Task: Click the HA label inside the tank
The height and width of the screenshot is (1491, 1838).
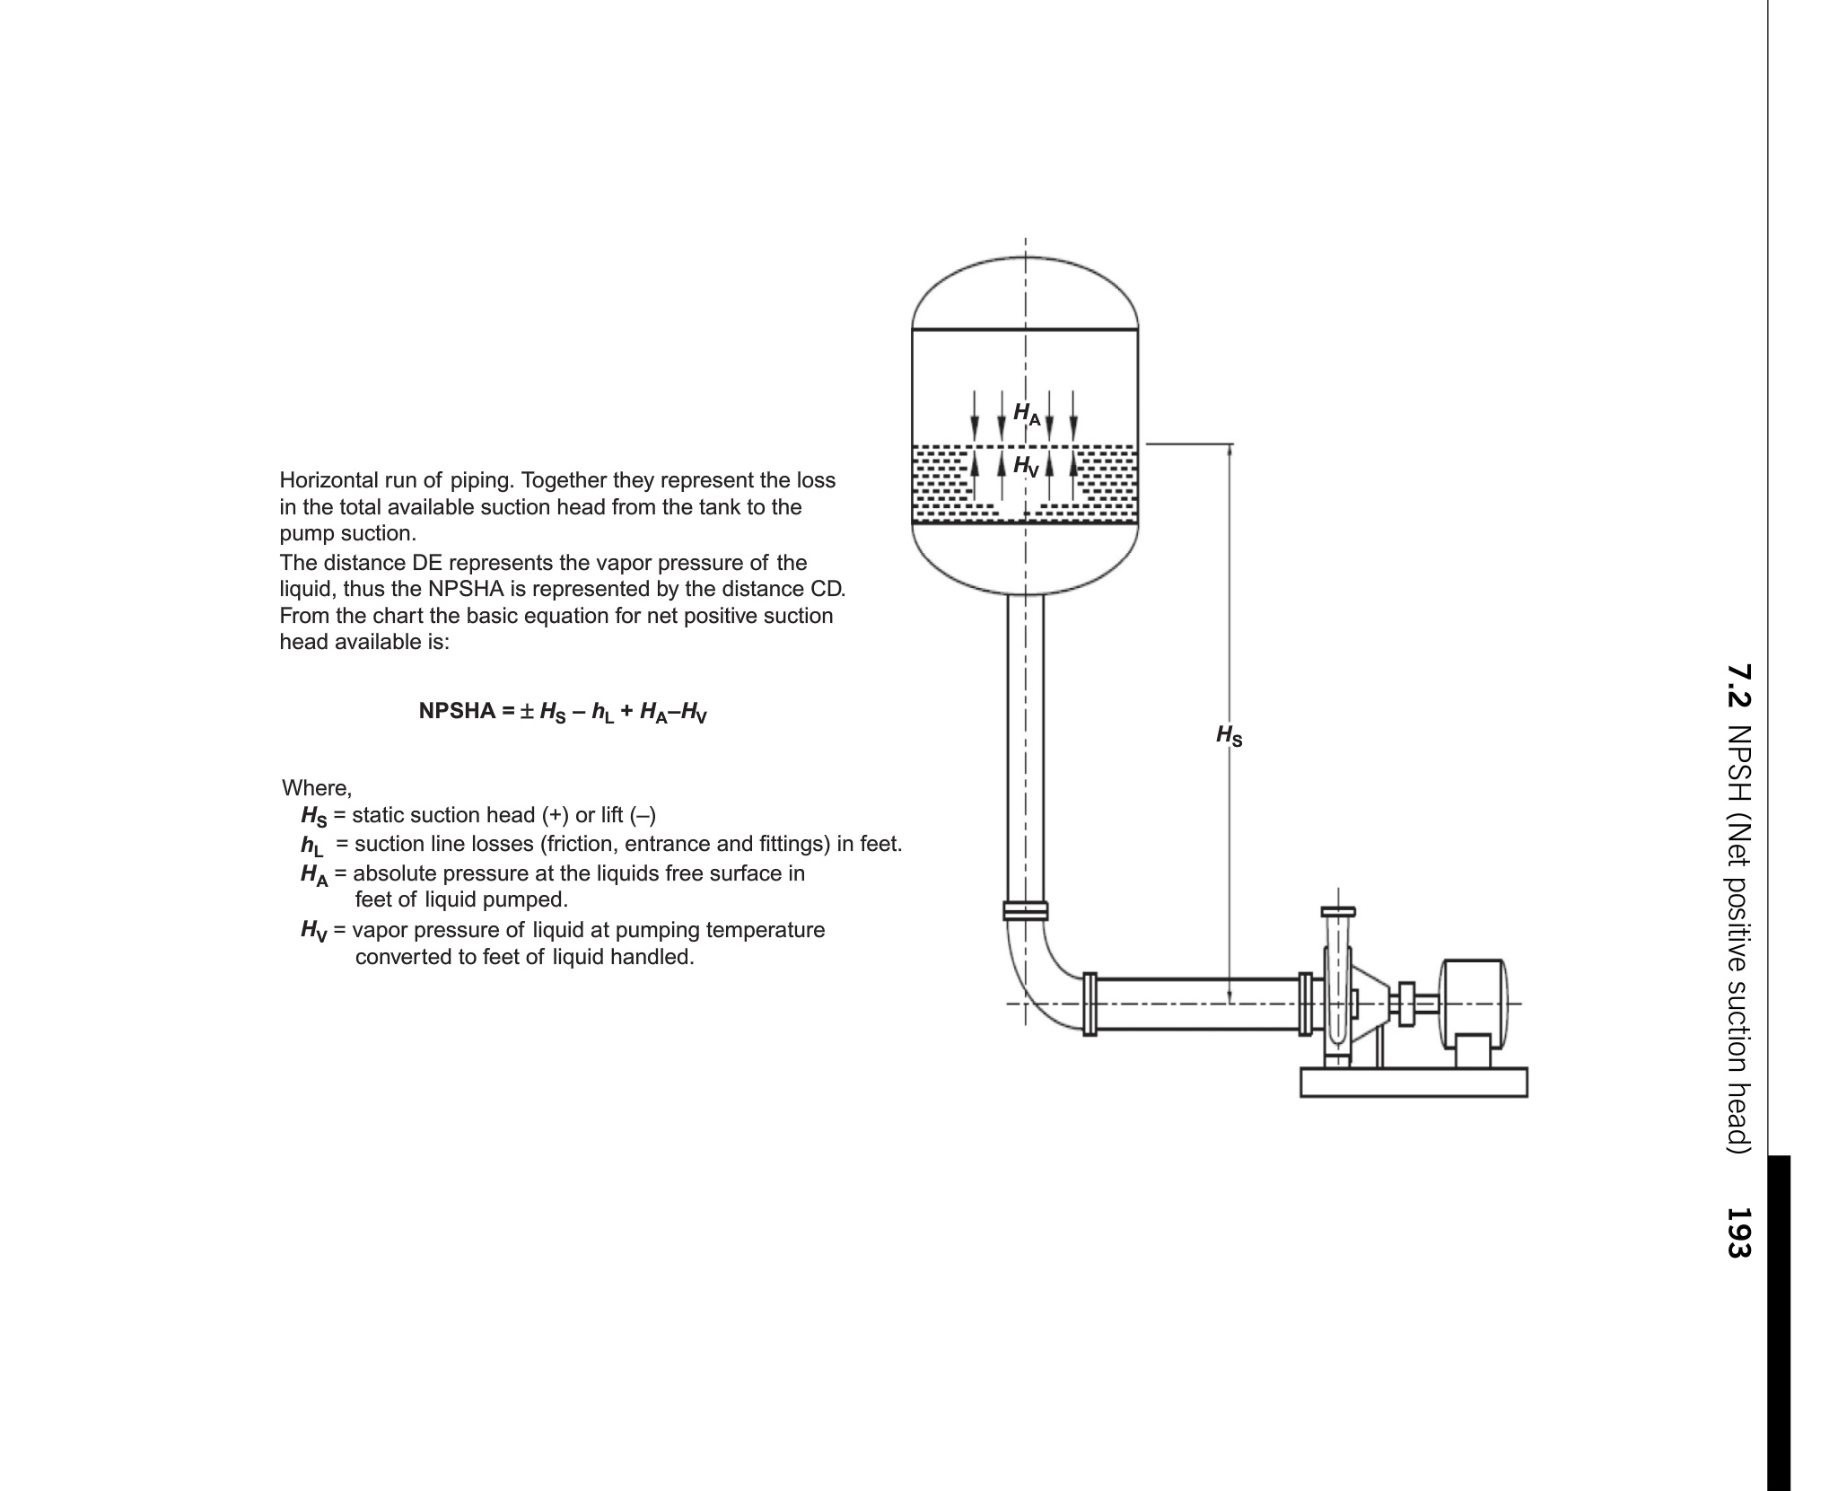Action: pyautogui.click(x=1026, y=414)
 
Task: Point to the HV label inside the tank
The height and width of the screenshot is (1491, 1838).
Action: pyautogui.click(x=1026, y=466)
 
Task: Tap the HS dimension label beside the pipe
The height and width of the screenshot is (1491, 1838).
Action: pyautogui.click(x=1229, y=736)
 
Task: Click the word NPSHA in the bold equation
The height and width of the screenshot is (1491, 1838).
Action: pyautogui.click(x=458, y=712)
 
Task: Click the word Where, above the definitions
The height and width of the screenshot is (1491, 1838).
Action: pyautogui.click(x=317, y=788)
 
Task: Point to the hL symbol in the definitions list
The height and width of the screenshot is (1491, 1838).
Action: pyautogui.click(x=311, y=846)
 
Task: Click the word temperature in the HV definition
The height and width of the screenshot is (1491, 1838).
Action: pyautogui.click(x=765, y=929)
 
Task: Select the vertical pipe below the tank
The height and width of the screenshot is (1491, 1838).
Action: pyautogui.click(x=1025, y=745)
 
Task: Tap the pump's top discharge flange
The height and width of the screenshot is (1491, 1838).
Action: pyautogui.click(x=1337, y=912)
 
